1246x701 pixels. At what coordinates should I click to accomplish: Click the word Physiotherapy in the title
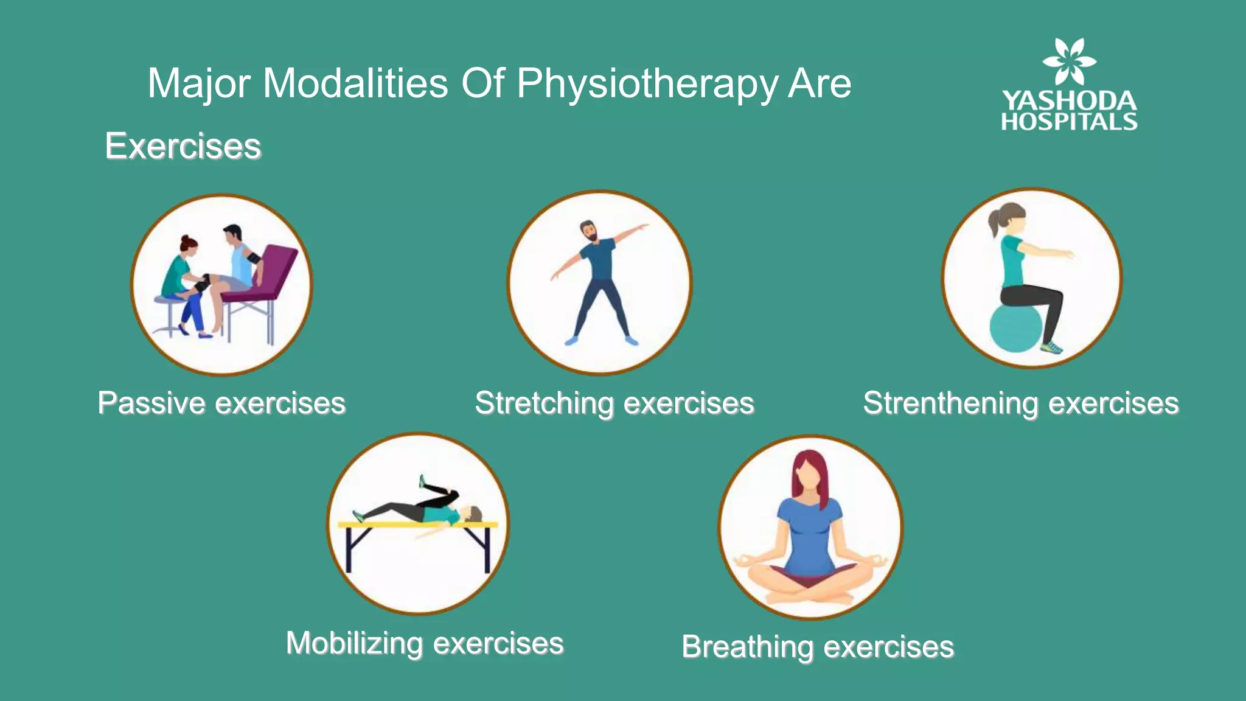coord(647,83)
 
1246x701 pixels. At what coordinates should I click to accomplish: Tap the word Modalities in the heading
coord(355,83)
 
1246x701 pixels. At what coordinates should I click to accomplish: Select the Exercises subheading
coord(183,146)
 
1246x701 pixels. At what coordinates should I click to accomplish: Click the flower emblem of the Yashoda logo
coord(1069,61)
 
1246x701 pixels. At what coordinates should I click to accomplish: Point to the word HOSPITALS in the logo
coord(1069,122)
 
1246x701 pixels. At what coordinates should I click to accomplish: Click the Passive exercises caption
coord(221,403)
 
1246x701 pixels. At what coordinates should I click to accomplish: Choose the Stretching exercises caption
coord(614,403)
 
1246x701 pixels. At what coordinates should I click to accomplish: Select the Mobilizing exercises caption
coord(425,643)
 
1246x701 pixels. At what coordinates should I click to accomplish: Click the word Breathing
coord(747,646)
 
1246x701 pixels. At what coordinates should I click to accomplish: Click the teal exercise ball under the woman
coord(1015,329)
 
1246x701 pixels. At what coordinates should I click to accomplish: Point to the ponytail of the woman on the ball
coord(994,223)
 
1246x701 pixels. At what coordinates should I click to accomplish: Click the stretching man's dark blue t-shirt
coord(598,259)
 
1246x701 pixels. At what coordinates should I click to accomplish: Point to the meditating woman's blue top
coord(810,535)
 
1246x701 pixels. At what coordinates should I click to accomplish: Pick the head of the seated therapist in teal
coord(188,245)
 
